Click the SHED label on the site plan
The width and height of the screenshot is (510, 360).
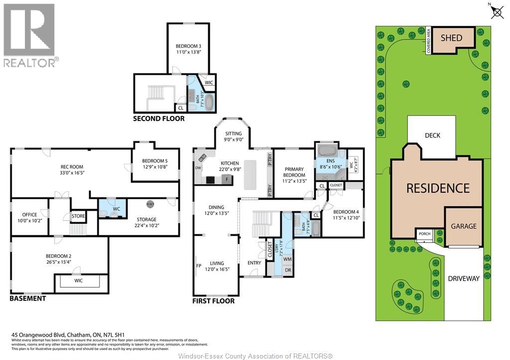tap(451, 38)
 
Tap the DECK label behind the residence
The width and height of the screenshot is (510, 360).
tap(432, 135)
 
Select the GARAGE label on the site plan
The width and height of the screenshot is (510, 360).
tap(463, 226)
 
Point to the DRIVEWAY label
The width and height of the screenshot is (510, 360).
tap(463, 278)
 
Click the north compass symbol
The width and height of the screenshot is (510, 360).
tap(497, 11)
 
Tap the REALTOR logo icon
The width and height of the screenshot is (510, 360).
tap(29, 30)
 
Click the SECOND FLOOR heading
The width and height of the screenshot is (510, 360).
tap(158, 119)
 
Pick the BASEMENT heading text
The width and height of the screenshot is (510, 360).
tap(28, 298)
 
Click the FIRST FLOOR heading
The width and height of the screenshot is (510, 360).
tap(213, 301)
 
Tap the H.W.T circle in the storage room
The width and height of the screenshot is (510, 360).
tap(150, 204)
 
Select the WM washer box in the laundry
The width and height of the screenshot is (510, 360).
tap(287, 259)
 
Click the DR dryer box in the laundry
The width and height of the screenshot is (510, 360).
tap(287, 270)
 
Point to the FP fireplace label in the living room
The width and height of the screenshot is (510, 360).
tap(199, 265)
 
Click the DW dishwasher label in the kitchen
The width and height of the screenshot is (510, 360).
tap(198, 168)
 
